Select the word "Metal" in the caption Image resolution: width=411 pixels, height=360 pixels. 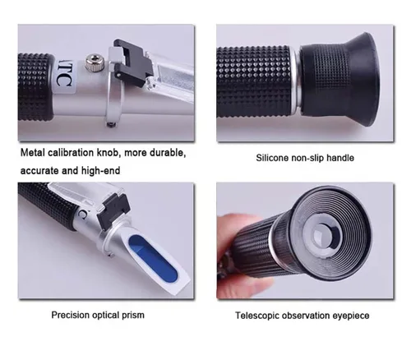coord(32,153)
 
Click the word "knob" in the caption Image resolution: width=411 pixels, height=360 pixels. coord(109,153)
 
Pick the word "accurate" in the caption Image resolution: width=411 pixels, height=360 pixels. coord(39,171)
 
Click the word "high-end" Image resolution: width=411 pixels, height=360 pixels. coord(101,171)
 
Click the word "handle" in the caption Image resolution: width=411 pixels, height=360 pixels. coord(340,158)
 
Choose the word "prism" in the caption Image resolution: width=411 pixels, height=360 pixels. coord(133,316)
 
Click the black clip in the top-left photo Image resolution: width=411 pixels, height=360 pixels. coord(133,62)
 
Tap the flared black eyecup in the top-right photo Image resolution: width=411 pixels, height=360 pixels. coord(341,80)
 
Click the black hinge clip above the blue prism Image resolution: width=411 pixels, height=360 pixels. coord(113,211)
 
